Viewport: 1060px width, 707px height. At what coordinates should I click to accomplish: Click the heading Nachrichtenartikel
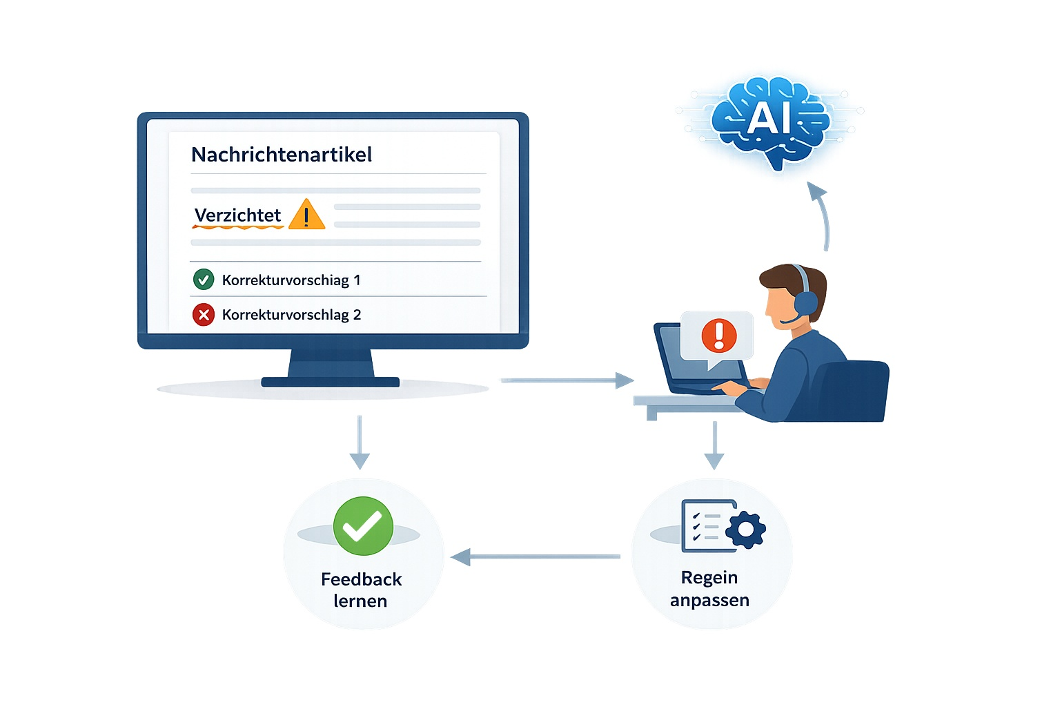coord(282,154)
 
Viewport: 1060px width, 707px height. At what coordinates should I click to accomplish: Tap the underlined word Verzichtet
coord(237,215)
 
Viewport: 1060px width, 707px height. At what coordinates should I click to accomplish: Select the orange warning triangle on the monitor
coord(306,215)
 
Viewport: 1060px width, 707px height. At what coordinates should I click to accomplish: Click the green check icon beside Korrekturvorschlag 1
coord(204,280)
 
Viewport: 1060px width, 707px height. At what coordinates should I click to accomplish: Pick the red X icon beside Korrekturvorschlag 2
coord(204,315)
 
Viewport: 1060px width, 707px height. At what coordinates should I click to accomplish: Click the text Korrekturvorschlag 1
coord(291,280)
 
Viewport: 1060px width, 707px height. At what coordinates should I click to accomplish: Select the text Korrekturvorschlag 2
coord(291,315)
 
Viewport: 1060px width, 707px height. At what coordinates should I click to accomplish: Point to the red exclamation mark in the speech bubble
coord(719,335)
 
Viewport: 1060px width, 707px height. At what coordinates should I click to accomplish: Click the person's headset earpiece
coord(805,302)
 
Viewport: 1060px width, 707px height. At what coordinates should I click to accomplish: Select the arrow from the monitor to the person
coord(566,380)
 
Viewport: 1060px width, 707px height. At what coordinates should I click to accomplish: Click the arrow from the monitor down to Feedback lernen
coord(360,442)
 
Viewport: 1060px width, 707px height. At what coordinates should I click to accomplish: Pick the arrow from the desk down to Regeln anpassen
coord(714,445)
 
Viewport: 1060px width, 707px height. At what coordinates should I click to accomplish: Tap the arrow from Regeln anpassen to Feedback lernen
coord(535,556)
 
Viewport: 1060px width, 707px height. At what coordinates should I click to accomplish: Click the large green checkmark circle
coord(363,526)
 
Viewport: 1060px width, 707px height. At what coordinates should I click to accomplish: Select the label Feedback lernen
coord(361,590)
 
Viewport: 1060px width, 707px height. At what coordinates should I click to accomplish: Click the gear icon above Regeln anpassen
coord(745,530)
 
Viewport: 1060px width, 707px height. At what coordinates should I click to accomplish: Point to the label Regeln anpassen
coord(709,588)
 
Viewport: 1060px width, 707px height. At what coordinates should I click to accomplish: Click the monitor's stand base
coord(331,381)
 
